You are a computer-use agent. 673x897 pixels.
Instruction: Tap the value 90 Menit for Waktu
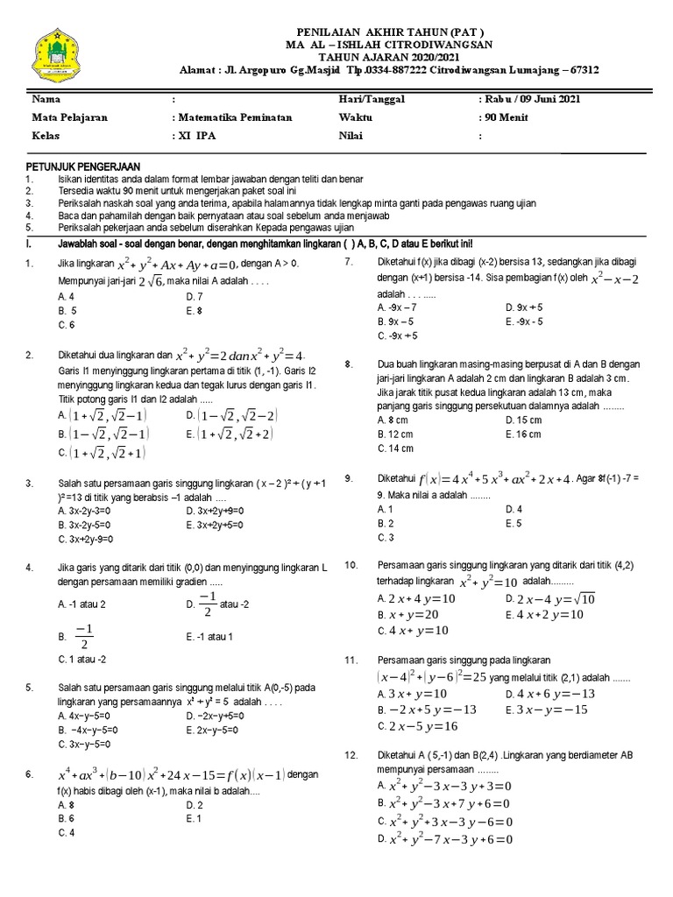coord(505,118)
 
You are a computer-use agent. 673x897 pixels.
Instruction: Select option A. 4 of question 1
coord(67,297)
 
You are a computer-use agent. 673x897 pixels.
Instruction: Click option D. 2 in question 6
coord(195,804)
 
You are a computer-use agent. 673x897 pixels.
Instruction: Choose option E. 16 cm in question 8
coord(523,434)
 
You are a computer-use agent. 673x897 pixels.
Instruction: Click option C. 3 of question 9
coord(386,537)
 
